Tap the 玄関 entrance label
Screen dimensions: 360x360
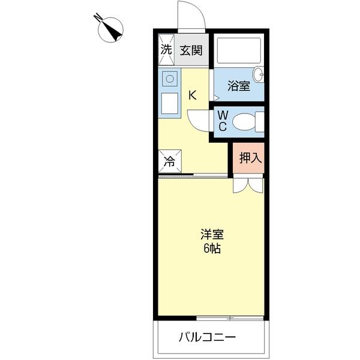191,50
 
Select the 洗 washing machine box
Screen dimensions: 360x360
166,50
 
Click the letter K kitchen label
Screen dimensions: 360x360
193,94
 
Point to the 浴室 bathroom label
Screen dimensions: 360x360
238,86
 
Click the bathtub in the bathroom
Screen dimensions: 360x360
238,50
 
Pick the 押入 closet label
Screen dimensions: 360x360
248,158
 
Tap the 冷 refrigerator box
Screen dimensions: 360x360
170,161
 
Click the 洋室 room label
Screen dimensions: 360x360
211,235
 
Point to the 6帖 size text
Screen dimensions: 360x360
211,249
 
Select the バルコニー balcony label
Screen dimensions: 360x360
207,337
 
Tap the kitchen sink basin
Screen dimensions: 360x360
170,79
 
